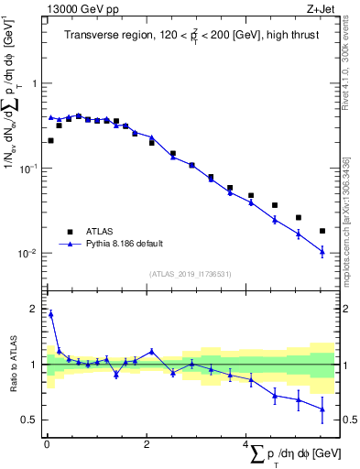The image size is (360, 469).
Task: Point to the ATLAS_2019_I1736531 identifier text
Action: pos(190,273)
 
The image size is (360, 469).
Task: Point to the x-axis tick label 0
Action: pos(46,445)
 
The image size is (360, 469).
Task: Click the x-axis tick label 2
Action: pos(147,445)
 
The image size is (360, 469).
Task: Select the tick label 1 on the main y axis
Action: pos(33,83)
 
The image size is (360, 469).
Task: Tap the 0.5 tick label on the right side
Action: pos(348,420)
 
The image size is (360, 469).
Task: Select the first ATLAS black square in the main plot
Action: pos(50,141)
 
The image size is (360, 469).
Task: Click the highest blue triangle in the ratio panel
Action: pos(50,314)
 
